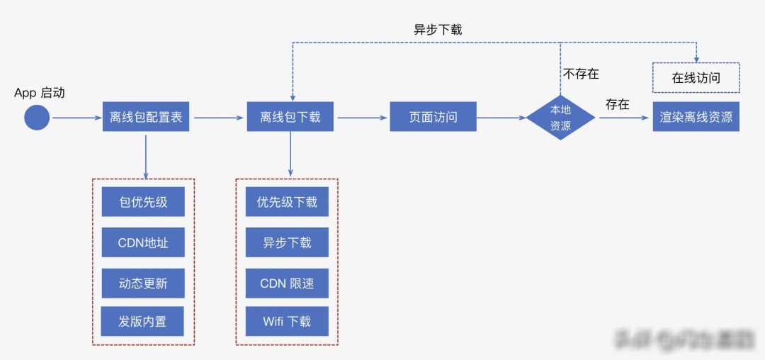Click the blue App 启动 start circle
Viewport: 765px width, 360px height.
[x=37, y=117]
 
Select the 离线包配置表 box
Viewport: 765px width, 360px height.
[x=146, y=117]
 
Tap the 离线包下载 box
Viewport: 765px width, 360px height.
[x=290, y=117]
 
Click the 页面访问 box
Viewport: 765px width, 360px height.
[x=433, y=117]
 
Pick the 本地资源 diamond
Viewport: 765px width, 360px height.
[x=560, y=117]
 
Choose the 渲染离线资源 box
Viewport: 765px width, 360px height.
[x=696, y=117]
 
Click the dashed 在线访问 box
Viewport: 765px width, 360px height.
[x=696, y=78]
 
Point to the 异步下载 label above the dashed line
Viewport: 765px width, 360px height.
[x=438, y=30]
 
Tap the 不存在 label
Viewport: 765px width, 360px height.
[x=581, y=73]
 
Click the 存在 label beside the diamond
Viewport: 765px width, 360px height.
[x=618, y=104]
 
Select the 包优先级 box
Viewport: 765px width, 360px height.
[x=144, y=202]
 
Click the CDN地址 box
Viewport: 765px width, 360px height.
[x=144, y=243]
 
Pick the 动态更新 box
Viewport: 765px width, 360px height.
[x=144, y=283]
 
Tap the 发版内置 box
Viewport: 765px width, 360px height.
[x=144, y=322]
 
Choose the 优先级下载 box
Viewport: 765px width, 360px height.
[x=287, y=202]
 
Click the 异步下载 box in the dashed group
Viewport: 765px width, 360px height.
[x=287, y=243]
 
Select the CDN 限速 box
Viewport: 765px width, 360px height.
[x=287, y=283]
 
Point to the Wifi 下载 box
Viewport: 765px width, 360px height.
[x=287, y=322]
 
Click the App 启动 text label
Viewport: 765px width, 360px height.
[x=40, y=93]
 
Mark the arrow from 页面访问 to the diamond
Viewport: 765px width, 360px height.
[x=501, y=117]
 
